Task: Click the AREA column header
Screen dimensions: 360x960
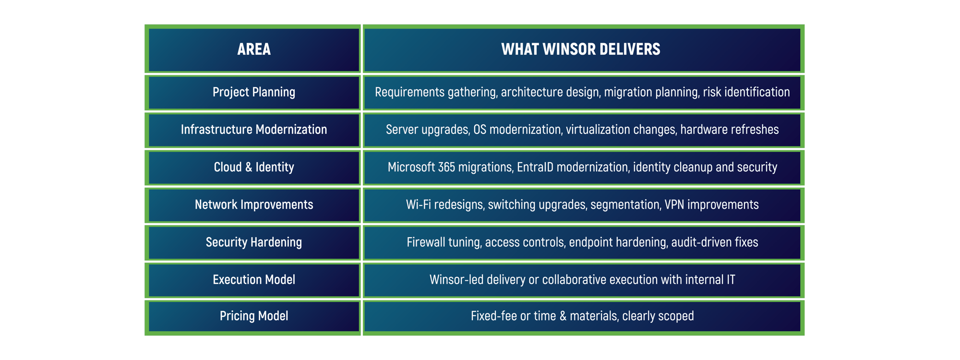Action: coord(254,49)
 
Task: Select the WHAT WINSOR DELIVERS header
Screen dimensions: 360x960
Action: coord(581,49)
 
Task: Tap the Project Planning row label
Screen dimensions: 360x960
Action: coord(254,92)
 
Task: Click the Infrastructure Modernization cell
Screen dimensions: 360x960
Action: coord(254,130)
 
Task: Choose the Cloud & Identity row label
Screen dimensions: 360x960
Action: coord(254,167)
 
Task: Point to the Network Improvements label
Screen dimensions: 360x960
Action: coord(254,204)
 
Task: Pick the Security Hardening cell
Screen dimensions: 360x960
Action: coord(254,242)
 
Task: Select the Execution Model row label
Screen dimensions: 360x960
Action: coord(254,279)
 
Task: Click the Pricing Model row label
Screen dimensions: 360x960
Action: coord(254,316)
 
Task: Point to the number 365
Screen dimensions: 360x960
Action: coord(446,167)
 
